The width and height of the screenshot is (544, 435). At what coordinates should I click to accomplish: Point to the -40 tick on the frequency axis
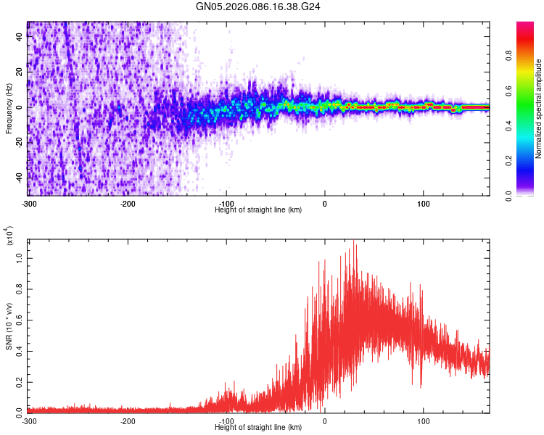tap(20, 177)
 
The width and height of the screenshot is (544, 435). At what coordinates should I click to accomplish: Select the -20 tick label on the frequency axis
tap(20, 142)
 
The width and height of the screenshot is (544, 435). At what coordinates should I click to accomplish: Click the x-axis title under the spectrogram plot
tap(258, 210)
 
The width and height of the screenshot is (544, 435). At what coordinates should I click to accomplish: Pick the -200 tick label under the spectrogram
tap(128, 203)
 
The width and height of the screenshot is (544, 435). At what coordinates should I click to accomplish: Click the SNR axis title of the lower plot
tap(9, 326)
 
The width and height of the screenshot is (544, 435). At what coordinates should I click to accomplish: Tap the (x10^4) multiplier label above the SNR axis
tap(9, 236)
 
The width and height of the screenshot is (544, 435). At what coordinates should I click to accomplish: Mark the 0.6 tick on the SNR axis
tap(20, 319)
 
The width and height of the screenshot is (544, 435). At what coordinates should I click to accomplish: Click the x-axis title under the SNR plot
tap(258, 428)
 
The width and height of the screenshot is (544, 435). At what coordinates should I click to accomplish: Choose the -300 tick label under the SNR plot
tap(29, 420)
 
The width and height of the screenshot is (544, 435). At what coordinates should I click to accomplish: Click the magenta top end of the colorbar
tap(525, 25)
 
